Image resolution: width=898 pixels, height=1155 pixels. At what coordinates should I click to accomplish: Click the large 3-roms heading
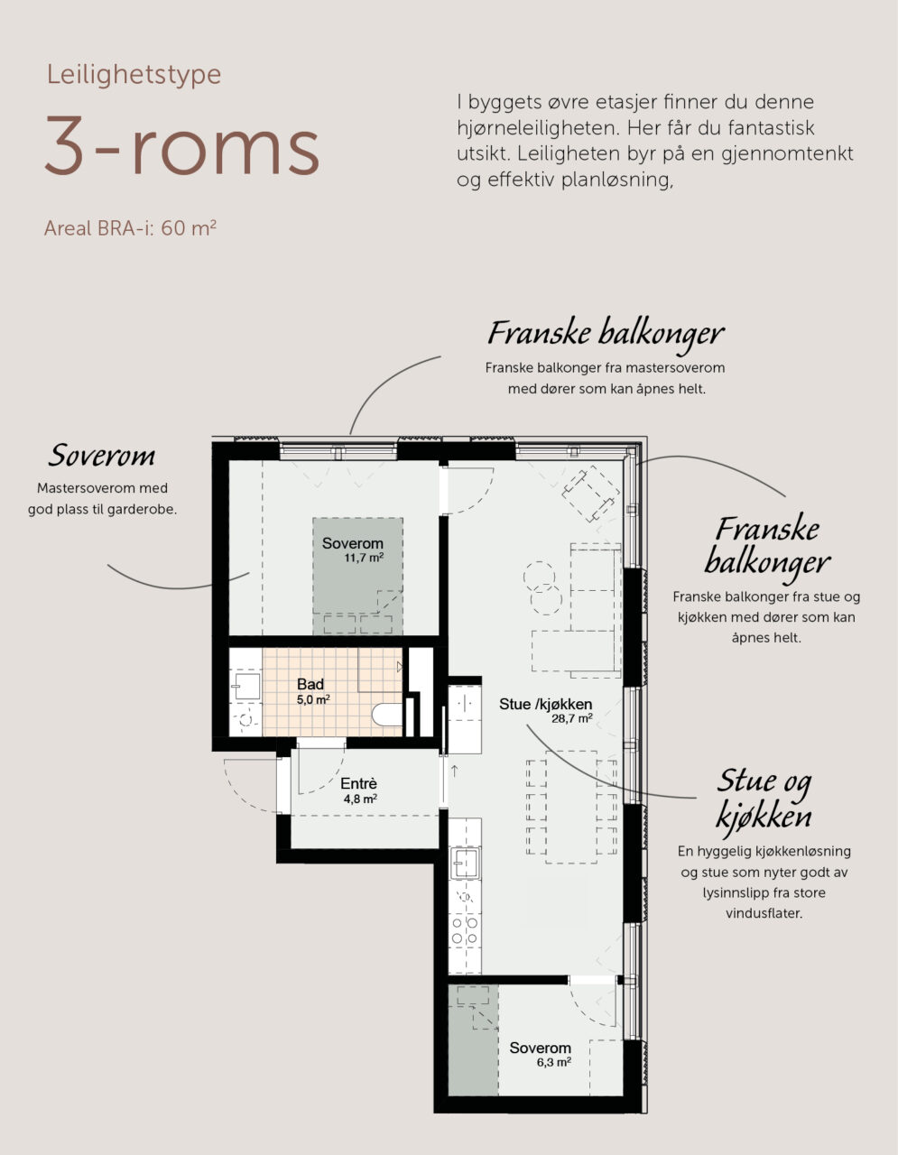point(182,145)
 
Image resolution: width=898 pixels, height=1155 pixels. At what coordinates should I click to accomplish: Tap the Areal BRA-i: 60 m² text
point(130,228)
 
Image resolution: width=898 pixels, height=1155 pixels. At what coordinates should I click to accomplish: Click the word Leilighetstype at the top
point(134,75)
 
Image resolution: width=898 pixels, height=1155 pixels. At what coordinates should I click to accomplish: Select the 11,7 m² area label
point(364,558)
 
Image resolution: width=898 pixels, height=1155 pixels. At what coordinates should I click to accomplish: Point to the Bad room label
point(310,684)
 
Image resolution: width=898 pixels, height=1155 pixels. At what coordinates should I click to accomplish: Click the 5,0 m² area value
point(313,699)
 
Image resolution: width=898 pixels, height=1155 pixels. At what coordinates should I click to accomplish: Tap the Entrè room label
point(358,783)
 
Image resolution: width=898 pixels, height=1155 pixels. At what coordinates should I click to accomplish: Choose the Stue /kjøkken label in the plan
point(546,705)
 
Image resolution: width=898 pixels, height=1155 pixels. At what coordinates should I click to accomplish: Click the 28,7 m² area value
point(572,719)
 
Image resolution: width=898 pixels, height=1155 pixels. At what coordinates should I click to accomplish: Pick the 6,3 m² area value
point(554,1063)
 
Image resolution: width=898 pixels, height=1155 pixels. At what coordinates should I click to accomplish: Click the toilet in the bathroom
point(387,715)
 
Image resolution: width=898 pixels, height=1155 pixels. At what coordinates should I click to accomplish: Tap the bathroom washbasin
point(247,686)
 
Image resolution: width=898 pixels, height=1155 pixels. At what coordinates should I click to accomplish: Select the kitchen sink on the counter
point(465,863)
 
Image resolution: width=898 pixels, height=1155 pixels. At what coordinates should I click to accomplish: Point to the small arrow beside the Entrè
point(454,771)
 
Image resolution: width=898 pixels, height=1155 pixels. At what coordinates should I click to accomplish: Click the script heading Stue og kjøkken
point(764,799)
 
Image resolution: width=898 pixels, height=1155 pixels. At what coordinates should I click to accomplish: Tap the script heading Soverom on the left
point(101,456)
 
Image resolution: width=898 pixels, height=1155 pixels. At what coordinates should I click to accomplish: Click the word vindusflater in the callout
point(764,914)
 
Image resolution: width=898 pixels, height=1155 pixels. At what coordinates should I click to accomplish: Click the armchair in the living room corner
point(591,493)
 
